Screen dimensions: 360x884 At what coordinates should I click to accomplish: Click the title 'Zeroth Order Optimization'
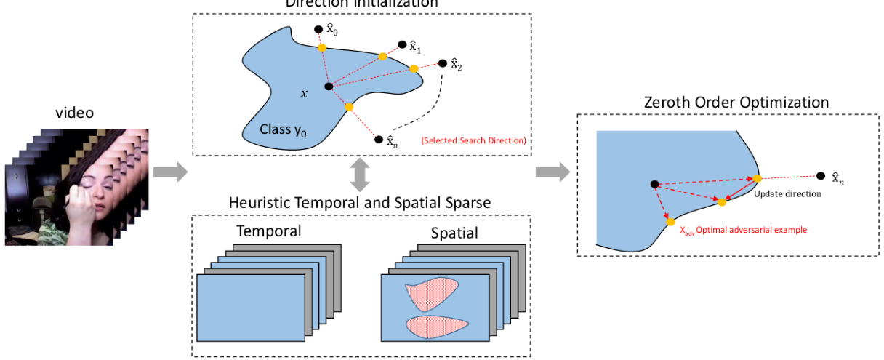736,102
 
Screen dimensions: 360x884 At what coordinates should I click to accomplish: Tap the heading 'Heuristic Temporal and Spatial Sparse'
360,202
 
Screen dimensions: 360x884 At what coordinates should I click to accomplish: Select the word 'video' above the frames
76,113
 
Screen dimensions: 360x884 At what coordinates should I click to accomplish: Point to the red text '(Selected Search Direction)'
473,140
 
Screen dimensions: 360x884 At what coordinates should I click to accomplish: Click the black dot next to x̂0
318,30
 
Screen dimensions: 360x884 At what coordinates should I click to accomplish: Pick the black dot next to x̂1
402,44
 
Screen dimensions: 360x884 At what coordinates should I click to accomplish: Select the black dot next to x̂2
442,63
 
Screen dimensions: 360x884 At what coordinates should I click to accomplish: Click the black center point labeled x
329,87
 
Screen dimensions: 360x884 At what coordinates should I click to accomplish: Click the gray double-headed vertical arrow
361,175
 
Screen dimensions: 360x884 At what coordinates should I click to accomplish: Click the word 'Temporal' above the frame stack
268,232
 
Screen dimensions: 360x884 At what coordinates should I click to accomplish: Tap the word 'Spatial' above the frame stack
454,233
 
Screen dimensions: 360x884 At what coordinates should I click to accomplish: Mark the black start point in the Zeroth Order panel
654,184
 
